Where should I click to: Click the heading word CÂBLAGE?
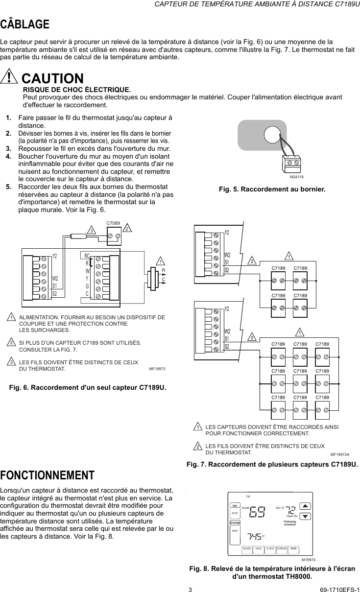25,24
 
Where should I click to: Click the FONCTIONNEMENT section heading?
47,475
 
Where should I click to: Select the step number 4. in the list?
9,156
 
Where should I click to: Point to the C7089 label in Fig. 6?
113,223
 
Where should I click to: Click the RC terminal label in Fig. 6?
87,256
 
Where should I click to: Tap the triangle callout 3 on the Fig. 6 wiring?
91,229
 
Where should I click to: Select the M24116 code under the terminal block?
296,176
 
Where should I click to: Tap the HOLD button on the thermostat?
258,548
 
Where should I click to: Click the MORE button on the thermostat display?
293,548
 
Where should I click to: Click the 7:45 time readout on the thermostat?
254,537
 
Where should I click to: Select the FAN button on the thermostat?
235,505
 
